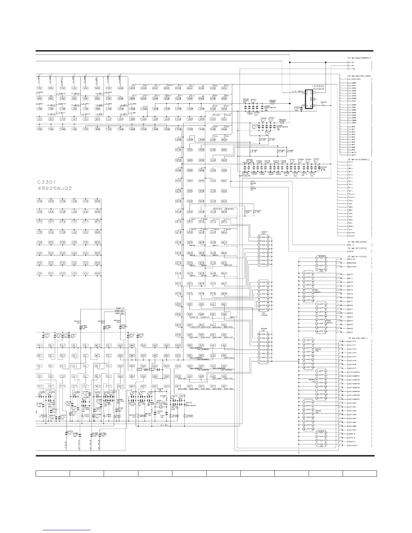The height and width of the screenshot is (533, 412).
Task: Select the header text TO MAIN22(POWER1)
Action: coord(359,58)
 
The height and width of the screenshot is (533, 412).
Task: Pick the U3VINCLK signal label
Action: coord(352,445)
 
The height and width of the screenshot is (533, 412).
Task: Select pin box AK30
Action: coord(224,88)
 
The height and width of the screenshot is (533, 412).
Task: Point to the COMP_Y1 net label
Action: coord(120,308)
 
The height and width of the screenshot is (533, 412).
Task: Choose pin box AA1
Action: coord(120,386)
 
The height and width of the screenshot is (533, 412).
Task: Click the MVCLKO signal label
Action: coord(352,259)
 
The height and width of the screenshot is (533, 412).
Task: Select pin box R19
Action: coord(51,201)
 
